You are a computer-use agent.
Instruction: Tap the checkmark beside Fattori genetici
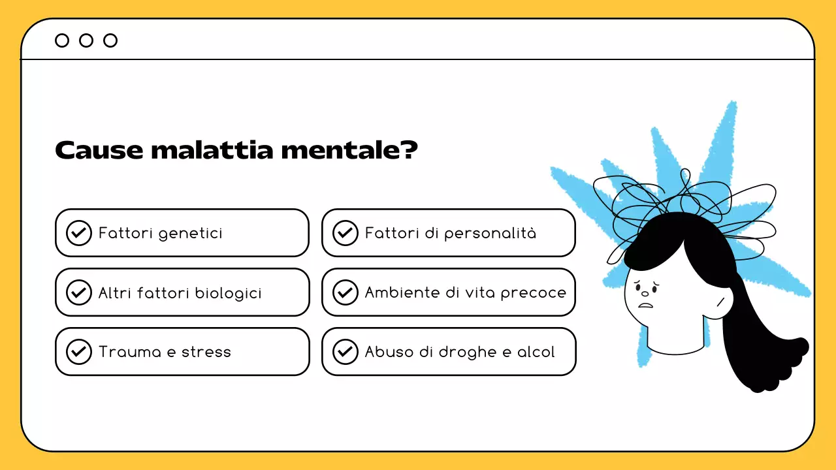[x=79, y=233]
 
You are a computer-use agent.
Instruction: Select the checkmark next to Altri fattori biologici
[x=79, y=292]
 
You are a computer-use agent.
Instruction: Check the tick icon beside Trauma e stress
[x=79, y=352]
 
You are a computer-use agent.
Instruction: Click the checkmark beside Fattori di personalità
[x=346, y=233]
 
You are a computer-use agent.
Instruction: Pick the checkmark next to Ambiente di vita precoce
[x=346, y=292]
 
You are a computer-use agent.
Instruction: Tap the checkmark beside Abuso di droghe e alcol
[x=346, y=352]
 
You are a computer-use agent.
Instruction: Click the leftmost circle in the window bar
[x=62, y=40]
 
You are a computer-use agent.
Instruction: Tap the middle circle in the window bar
[x=86, y=40]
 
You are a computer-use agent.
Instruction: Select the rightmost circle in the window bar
[x=110, y=40]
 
